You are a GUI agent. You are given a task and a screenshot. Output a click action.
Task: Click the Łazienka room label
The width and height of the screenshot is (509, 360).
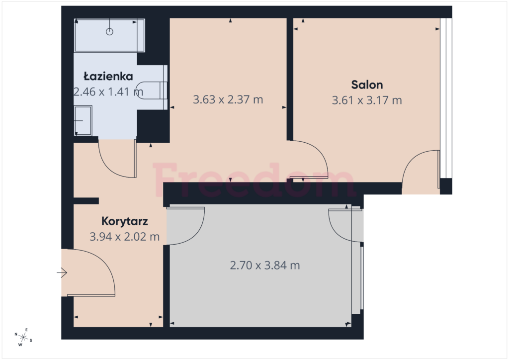click(x=108, y=77)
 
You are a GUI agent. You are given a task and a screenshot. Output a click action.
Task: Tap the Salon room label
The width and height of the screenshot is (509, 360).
click(x=367, y=85)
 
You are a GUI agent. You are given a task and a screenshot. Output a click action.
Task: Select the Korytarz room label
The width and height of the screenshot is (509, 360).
click(x=125, y=221)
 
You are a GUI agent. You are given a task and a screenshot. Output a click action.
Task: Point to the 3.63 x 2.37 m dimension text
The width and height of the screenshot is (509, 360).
click(x=228, y=99)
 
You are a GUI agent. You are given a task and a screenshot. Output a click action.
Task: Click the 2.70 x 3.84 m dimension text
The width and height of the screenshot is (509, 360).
click(x=265, y=266)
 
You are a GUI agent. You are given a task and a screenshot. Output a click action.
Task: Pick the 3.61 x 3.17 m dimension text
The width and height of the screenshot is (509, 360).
click(x=367, y=100)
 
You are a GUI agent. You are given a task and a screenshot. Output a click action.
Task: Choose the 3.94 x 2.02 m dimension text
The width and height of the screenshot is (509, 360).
click(x=125, y=237)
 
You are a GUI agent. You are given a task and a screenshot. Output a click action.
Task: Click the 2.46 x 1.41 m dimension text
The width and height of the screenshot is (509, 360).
click(x=108, y=92)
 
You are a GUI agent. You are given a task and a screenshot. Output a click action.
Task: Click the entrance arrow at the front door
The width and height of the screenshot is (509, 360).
click(x=62, y=272)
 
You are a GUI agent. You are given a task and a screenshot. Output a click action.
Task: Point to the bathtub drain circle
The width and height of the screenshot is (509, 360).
click(x=110, y=32)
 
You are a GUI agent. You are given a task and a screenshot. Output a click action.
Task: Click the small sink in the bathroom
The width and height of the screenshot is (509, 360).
click(x=83, y=120)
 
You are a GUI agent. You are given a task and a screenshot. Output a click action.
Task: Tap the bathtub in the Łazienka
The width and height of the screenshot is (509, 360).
click(x=109, y=35)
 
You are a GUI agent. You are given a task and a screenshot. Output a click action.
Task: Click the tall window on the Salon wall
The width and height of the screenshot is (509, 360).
click(x=446, y=98)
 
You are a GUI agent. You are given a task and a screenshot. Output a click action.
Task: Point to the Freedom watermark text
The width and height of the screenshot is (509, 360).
click(x=254, y=180)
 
